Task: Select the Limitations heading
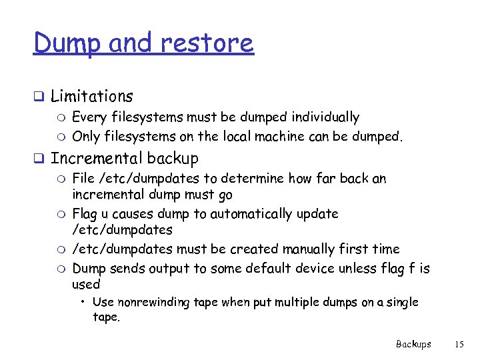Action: [x=92, y=97]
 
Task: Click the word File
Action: [x=83, y=179]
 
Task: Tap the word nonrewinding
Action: [x=153, y=302]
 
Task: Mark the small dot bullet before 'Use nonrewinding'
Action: [x=84, y=303]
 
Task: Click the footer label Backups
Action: [x=413, y=344]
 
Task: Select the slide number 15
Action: [x=459, y=344]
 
